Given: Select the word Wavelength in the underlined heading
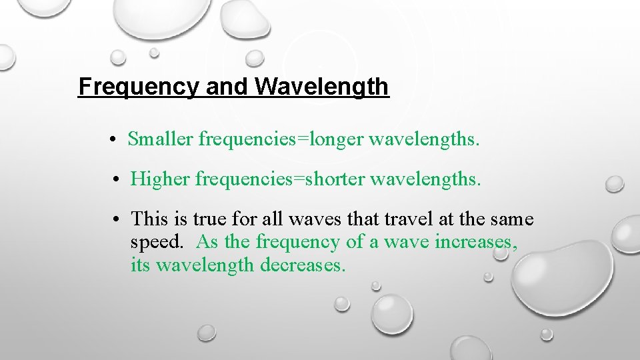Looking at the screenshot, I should (x=321, y=87).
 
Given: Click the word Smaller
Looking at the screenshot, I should (x=161, y=139).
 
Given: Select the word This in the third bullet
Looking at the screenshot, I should (x=149, y=219).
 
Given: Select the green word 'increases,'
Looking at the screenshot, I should (x=475, y=241).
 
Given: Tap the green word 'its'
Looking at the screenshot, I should (x=141, y=265).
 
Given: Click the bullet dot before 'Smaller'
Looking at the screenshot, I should (x=115, y=141).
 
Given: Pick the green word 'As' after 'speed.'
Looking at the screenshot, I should (x=207, y=241).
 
